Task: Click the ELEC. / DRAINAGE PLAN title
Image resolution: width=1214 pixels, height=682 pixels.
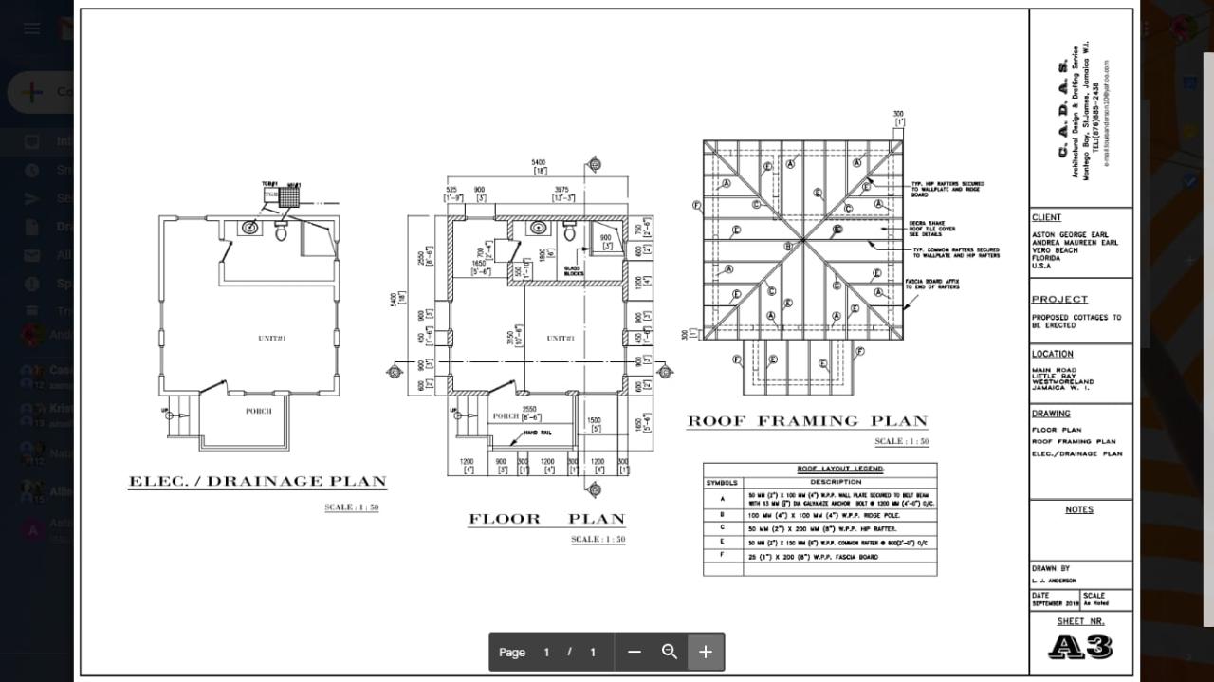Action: coord(257,482)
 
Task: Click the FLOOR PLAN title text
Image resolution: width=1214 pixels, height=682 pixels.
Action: coord(546,519)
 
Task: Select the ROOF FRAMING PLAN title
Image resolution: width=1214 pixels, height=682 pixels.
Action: coord(807,421)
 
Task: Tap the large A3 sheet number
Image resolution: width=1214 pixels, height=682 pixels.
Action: coord(1080,647)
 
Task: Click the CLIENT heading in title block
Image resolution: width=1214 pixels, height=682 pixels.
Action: coord(1046,217)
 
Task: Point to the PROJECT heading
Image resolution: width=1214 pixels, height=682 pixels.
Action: coord(1059,300)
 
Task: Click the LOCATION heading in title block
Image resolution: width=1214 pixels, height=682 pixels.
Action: coord(1053,354)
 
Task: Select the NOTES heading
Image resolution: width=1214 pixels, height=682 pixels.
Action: coord(1078,509)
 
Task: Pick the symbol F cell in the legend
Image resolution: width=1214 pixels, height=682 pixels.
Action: coord(723,555)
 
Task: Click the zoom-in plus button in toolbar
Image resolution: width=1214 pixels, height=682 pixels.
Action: coord(706,652)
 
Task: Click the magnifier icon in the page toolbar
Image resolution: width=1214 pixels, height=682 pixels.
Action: coord(670,652)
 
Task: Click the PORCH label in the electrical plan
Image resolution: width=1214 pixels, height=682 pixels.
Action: coord(258,411)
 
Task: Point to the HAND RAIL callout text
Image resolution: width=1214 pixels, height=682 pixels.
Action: coord(538,433)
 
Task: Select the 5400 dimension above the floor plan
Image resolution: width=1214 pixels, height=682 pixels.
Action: coord(539,163)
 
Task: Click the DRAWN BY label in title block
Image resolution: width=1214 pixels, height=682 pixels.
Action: coord(1050,568)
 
